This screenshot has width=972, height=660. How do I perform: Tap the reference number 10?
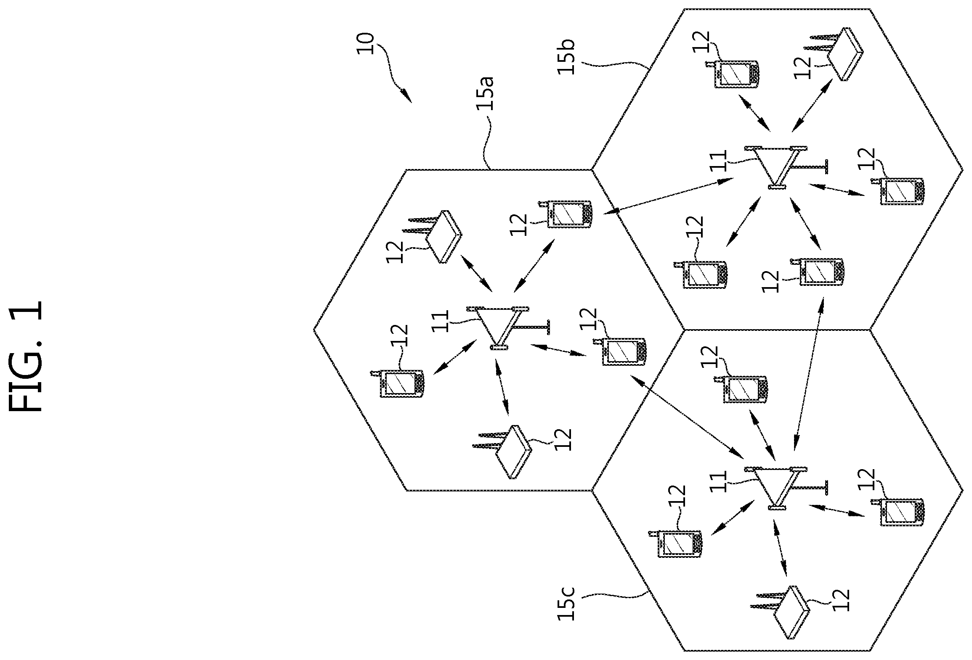click(365, 44)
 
